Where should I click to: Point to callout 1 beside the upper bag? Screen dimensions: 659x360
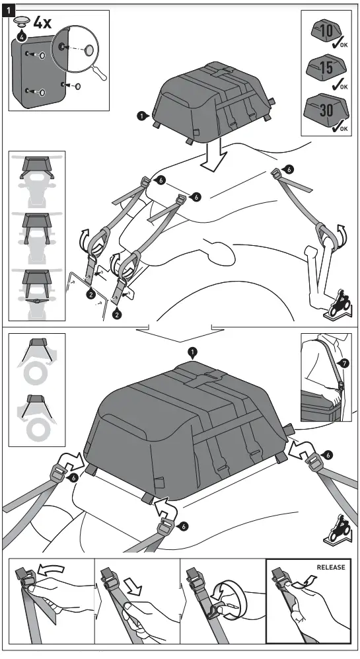pos(141,116)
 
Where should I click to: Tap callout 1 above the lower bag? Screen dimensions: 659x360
pos(192,351)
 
